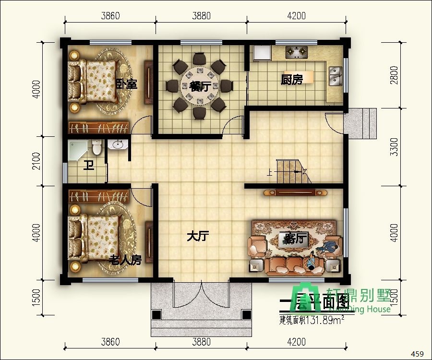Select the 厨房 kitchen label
[292, 80]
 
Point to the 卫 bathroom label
[88, 166]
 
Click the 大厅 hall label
[198, 236]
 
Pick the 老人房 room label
[125, 260]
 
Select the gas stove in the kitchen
[297, 50]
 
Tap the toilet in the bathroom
[97, 147]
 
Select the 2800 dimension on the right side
[394, 75]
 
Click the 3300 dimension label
[394, 147]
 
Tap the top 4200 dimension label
[296, 15]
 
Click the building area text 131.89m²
[312, 319]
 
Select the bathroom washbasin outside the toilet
[117, 144]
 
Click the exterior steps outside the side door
[362, 122]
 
